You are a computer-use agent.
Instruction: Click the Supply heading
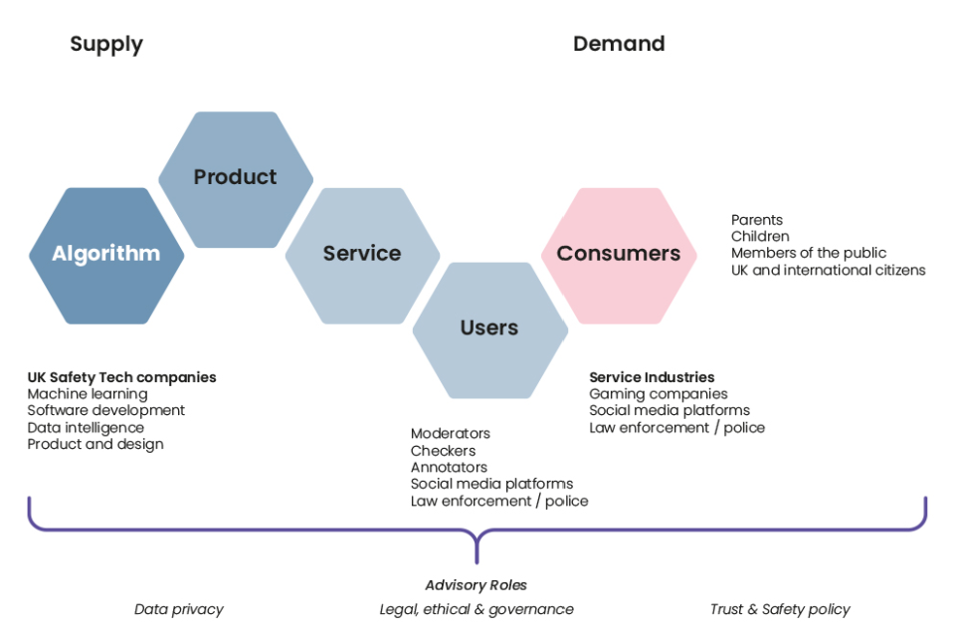[106, 44]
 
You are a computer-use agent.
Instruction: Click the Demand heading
[619, 44]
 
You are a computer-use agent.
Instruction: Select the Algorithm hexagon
[106, 254]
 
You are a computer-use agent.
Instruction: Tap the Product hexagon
[235, 177]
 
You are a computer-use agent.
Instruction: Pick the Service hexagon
[362, 254]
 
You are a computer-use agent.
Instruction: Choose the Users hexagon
[489, 328]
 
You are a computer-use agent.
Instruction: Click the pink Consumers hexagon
[619, 254]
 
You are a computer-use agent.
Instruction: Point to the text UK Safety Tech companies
[121, 377]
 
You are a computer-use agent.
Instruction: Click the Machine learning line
[88, 394]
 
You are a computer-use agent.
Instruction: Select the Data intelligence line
[86, 428]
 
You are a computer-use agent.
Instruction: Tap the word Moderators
[451, 434]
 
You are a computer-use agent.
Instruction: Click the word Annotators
[449, 468]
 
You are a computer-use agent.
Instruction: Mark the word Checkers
[443, 451]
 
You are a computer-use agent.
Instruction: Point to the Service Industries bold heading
[652, 377]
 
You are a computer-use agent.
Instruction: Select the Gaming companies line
[659, 394]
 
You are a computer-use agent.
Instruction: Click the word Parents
[757, 220]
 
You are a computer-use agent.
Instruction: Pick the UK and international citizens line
[828, 270]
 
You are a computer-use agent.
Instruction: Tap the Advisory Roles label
[477, 585]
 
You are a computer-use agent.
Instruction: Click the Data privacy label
[179, 609]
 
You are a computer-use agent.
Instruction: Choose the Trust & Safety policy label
[780, 609]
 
